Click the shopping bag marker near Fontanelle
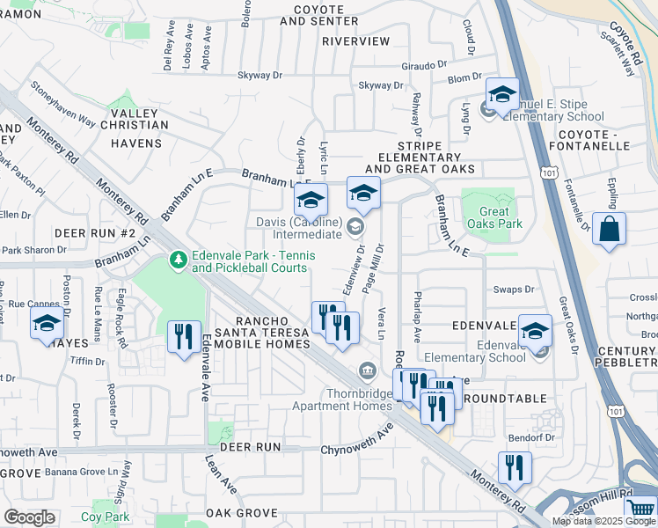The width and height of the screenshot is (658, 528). click(x=609, y=231)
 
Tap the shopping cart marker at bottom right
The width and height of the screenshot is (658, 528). click(x=641, y=509)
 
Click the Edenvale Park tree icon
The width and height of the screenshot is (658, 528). click(x=177, y=260)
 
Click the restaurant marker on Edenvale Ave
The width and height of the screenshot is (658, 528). click(x=184, y=338)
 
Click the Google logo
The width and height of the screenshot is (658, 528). click(x=29, y=517)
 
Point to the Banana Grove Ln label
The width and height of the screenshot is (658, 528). click(x=83, y=472)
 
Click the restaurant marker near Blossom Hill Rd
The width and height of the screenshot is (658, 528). click(x=514, y=468)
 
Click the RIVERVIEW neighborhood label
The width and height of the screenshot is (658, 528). click(x=355, y=41)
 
